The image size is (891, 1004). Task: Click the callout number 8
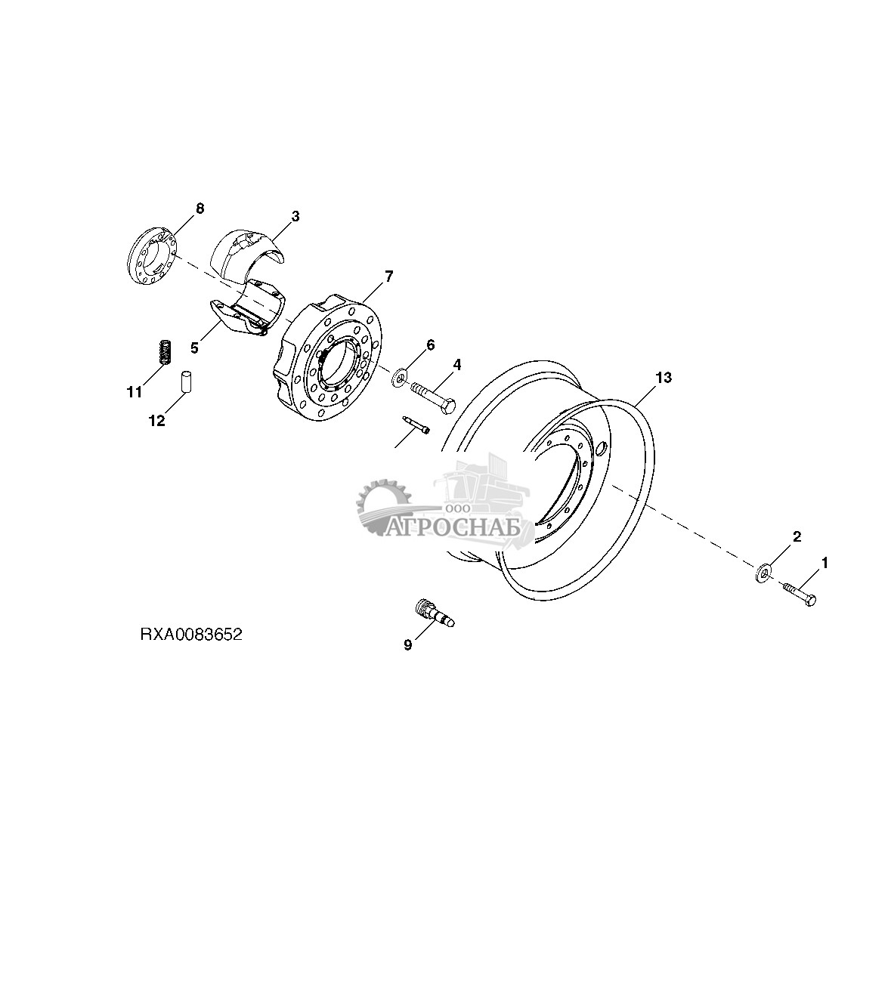pos(200,208)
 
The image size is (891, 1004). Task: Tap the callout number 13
pos(663,377)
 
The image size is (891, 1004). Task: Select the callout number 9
pos(408,645)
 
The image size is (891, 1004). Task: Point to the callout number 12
pos(156,421)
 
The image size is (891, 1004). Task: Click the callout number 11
pos(135,391)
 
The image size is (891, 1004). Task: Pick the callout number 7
pos(388,276)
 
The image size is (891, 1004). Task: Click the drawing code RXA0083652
pos(190,635)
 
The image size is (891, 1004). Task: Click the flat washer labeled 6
pos(398,375)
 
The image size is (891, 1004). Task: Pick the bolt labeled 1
pos(800,593)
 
